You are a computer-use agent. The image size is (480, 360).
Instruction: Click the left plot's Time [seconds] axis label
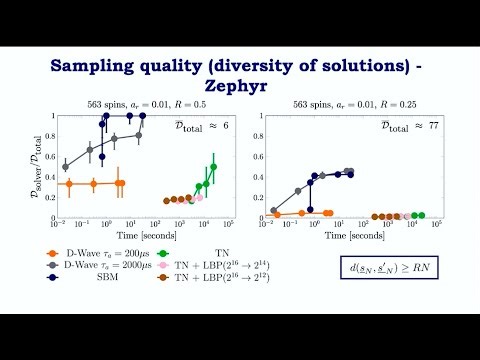click(x=144, y=231)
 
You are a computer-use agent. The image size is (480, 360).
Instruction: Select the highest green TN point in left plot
click(x=213, y=167)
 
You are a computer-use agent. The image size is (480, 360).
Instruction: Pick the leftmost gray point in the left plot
click(x=66, y=166)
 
